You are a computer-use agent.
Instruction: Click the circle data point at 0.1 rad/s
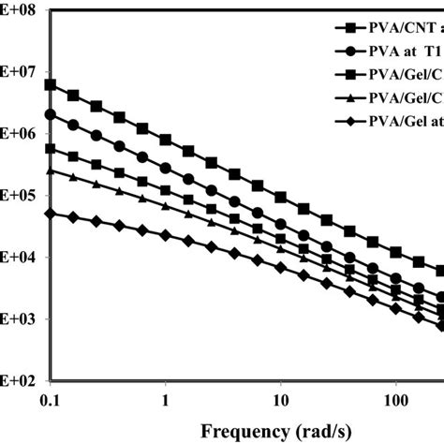51,114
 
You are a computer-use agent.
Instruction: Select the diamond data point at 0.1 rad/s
51,214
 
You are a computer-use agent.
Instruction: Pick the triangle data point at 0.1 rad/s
51,170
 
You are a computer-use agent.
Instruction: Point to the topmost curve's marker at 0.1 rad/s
51,84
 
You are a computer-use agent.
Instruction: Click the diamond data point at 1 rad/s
165,236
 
